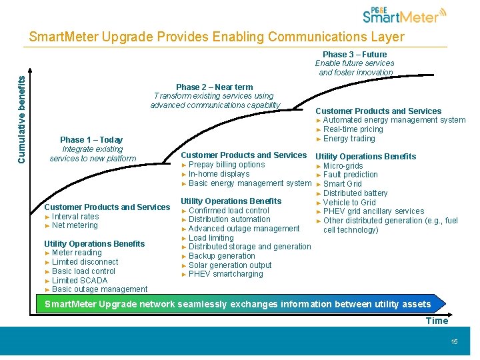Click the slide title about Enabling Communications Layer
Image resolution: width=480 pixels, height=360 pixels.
[x=216, y=37]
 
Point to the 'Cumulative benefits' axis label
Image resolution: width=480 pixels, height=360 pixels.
[x=22, y=119]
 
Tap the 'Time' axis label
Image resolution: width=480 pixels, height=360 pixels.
[x=437, y=321]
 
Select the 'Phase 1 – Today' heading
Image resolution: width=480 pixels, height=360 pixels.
[x=91, y=140]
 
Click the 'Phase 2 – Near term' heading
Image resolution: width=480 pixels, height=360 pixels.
[x=214, y=87]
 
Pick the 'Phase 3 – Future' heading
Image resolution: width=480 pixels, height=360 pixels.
[x=355, y=55]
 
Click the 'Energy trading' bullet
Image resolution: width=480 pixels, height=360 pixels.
[x=349, y=139]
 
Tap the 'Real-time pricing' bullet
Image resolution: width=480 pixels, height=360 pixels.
[x=353, y=129]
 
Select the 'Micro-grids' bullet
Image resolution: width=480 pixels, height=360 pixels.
[x=343, y=166]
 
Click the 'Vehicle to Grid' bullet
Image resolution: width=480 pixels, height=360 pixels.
[x=349, y=203]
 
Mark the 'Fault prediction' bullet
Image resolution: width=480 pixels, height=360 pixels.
[x=350, y=175]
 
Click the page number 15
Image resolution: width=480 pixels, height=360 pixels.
[x=454, y=342]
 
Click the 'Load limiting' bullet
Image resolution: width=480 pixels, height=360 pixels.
[x=211, y=238]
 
